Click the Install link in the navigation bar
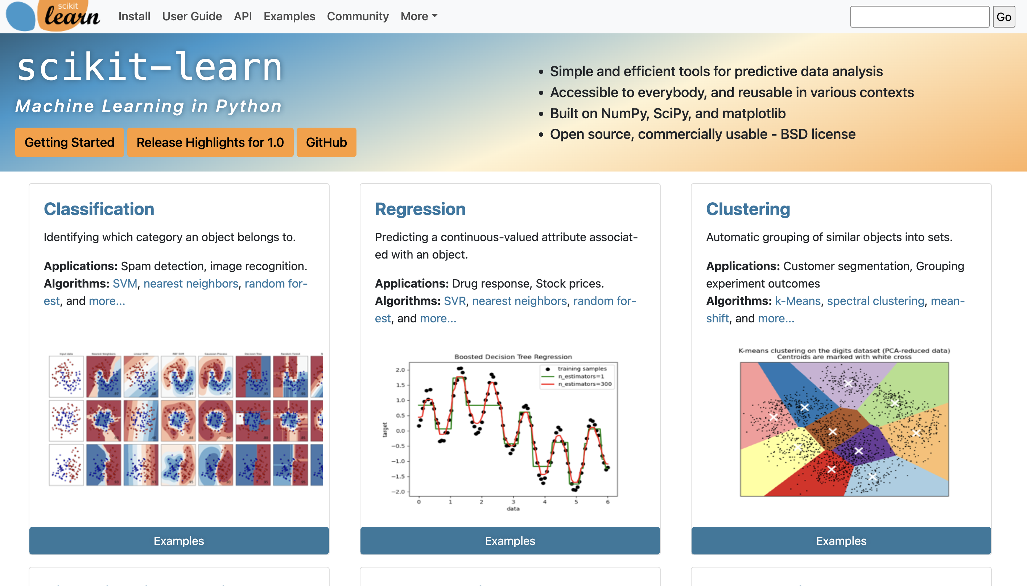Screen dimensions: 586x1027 point(134,17)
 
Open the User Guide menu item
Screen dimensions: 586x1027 point(192,17)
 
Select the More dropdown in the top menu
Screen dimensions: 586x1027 point(418,17)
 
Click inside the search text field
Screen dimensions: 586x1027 point(919,17)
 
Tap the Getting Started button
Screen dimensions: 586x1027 point(69,143)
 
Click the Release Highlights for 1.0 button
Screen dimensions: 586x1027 point(210,143)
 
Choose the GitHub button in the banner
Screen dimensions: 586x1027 point(326,143)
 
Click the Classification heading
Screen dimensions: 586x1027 point(99,209)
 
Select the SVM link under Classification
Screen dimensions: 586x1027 point(125,284)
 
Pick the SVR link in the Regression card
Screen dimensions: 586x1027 point(455,301)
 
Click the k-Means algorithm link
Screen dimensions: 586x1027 point(797,301)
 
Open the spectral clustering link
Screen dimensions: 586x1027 point(875,301)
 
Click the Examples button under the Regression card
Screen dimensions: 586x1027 point(510,541)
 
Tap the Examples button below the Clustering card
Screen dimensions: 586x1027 point(841,541)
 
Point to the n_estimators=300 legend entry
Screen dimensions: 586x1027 point(584,384)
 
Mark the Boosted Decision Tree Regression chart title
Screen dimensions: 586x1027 point(513,356)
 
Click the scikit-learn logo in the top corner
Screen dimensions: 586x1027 point(53,16)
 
